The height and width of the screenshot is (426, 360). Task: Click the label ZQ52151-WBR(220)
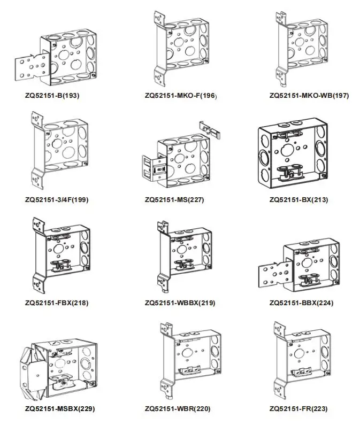click(x=177, y=409)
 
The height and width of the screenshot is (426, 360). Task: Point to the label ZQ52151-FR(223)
click(x=300, y=409)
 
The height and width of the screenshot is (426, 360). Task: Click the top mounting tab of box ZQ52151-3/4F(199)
click(x=36, y=120)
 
